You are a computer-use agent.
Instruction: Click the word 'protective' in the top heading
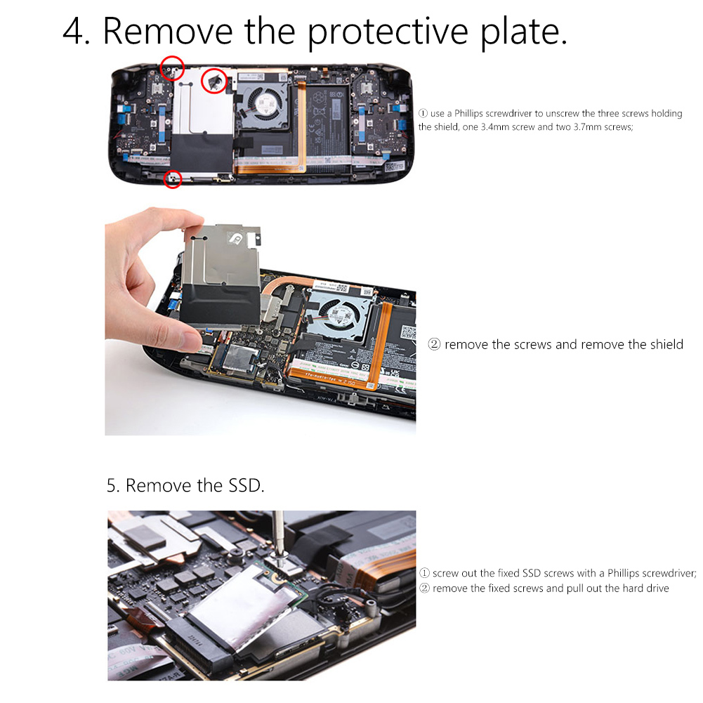(388, 32)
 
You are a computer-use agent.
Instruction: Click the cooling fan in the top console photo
(261, 105)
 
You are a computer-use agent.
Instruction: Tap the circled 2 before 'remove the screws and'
(434, 344)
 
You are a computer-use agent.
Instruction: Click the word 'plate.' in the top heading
(524, 32)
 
